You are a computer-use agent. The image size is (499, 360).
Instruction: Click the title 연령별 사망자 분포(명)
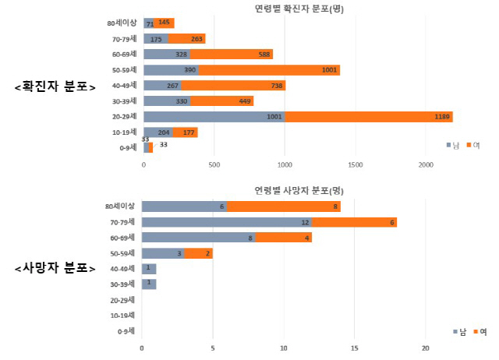point(299,190)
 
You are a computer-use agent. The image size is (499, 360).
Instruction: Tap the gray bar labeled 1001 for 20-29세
point(214,117)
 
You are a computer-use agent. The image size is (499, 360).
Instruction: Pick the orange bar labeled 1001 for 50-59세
point(269,70)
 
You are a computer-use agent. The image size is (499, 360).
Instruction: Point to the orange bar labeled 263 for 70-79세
point(186,39)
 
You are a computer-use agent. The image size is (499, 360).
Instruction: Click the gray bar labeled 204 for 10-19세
point(158,132)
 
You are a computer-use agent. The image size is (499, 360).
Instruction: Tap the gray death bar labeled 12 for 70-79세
point(227,222)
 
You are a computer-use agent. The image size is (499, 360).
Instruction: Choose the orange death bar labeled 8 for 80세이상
point(284,206)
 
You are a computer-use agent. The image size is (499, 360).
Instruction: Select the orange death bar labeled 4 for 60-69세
point(284,238)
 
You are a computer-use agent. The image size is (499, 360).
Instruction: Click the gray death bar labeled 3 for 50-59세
point(163,253)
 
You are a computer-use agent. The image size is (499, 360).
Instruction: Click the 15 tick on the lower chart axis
point(355,348)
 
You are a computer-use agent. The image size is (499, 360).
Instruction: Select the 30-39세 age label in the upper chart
point(123,101)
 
